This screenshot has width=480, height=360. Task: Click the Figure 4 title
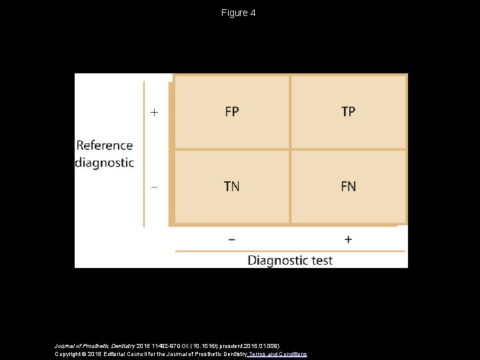coord(239,13)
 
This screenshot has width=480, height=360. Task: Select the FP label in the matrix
coord(231,112)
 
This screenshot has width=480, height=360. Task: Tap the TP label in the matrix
coord(348,112)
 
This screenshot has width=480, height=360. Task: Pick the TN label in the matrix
coord(231,187)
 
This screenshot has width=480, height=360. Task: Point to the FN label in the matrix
coord(348,187)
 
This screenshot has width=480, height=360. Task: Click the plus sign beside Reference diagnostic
coord(154,113)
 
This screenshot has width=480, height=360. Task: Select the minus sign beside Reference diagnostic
coord(154,187)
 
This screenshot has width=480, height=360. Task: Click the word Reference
coord(105,145)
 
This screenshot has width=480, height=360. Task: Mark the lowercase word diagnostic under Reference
coord(105,162)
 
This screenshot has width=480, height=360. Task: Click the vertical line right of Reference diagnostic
coord(144,154)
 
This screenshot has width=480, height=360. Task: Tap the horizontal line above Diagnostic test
coord(290,251)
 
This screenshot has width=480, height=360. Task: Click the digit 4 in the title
coord(253,13)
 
